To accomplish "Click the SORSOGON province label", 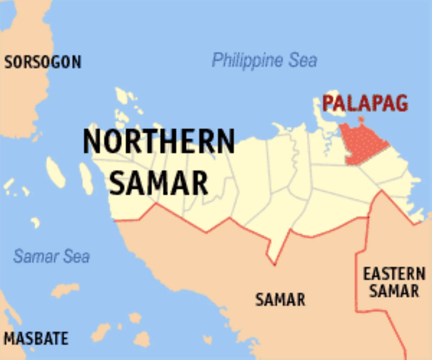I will [x=42, y=62].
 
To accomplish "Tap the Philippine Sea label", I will [x=264, y=60].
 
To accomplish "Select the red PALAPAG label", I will [x=365, y=103].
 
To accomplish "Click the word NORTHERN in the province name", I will [x=159, y=141].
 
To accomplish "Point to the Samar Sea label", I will [x=51, y=257].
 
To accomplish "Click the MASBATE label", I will [x=36, y=338].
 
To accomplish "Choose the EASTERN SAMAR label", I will [x=394, y=282].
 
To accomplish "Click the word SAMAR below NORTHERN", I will [x=159, y=183].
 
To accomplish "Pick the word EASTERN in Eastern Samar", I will [x=394, y=274].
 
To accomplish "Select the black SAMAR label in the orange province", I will [x=280, y=300].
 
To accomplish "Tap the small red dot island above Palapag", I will [x=361, y=119].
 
